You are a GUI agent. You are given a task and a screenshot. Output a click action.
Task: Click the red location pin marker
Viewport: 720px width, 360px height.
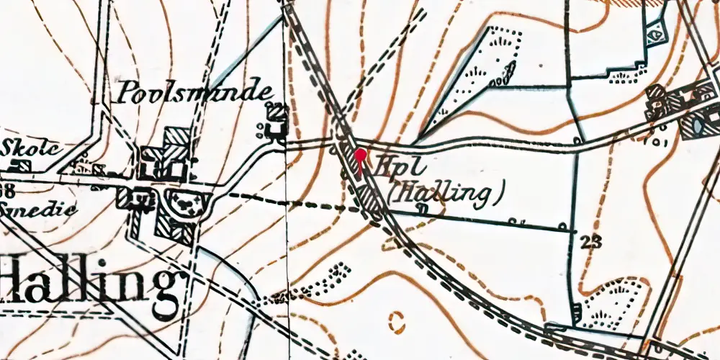coord(360,153)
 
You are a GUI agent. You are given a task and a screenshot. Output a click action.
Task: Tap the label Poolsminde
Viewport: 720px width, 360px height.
coord(196,92)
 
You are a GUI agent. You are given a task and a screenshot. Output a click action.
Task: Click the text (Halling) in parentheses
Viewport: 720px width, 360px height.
coord(443,192)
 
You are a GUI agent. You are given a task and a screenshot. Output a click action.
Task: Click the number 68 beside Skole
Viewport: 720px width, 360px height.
coord(7,189)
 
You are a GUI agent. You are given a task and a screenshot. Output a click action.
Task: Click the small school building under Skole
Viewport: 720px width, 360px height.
coord(24,166)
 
